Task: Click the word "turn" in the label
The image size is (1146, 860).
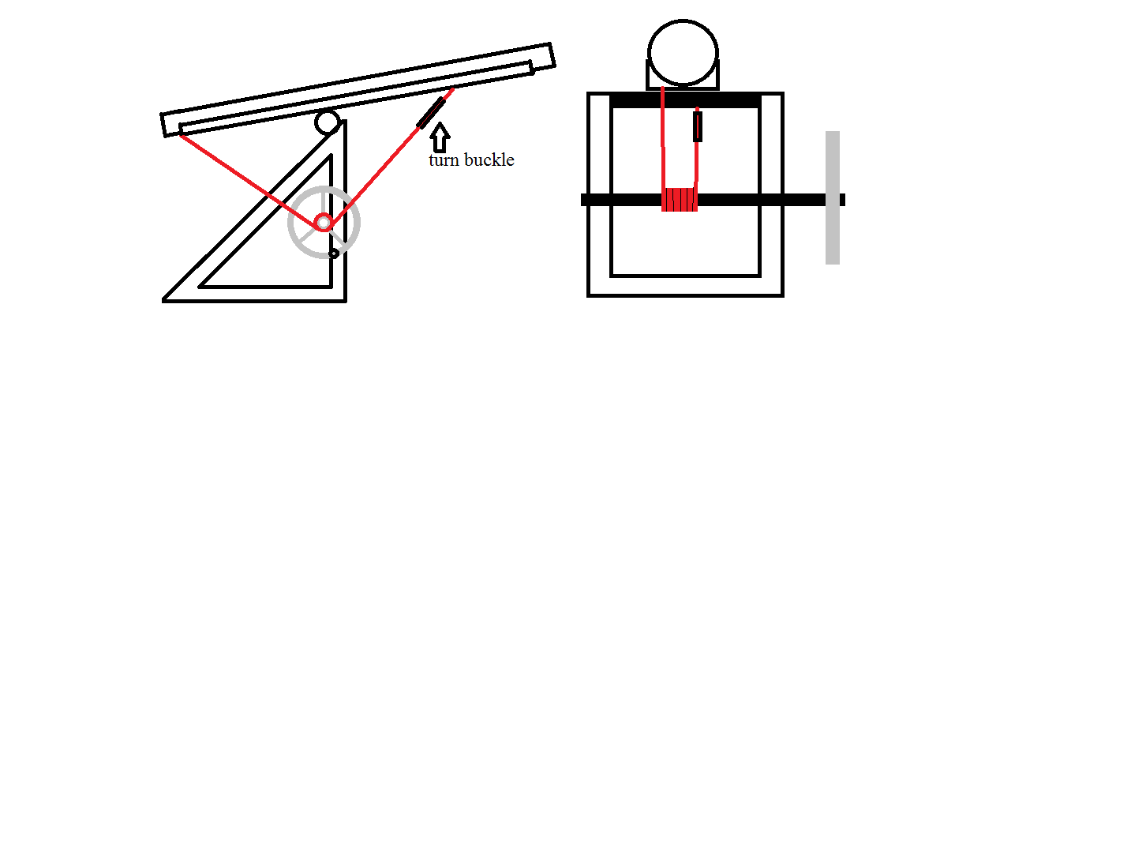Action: (444, 160)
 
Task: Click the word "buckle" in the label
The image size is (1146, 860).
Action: (489, 160)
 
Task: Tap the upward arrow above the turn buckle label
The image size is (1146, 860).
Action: (440, 137)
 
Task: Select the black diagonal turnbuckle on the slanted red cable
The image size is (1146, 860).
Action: (431, 113)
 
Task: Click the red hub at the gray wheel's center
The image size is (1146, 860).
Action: (324, 223)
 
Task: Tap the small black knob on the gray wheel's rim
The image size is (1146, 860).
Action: (334, 253)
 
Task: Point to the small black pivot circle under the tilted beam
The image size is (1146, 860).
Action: (328, 122)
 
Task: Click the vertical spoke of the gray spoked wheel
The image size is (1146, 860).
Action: (324, 201)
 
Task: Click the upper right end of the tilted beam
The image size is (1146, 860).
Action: (552, 54)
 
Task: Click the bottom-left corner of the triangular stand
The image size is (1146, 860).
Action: (163, 301)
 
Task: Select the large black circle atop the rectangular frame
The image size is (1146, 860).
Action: (683, 52)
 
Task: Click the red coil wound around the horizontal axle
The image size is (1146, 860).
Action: (680, 200)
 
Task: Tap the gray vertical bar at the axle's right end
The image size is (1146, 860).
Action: (832, 198)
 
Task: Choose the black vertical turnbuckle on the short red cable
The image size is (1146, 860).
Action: (698, 126)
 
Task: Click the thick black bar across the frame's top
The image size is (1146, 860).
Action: (686, 101)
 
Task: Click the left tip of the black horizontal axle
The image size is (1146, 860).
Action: (582, 200)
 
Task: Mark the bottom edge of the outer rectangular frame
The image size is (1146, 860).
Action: (686, 295)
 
